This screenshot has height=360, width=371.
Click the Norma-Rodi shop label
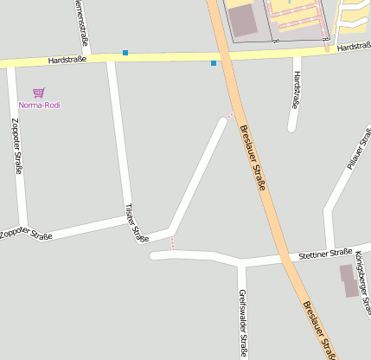pyautogui.click(x=39, y=106)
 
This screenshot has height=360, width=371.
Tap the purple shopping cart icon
pyautogui.click(x=38, y=93)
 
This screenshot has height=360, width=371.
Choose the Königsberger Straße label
pyautogui.click(x=362, y=282)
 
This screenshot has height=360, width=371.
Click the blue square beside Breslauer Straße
pyautogui.click(x=214, y=63)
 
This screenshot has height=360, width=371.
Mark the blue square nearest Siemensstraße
pyautogui.click(x=125, y=53)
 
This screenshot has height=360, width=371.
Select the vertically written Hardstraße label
pyautogui.click(x=297, y=90)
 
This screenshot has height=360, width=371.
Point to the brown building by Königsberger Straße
pyautogui.click(x=350, y=280)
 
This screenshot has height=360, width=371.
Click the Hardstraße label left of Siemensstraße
pyautogui.click(x=68, y=60)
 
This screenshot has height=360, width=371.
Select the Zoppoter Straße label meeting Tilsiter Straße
pyautogui.click(x=26, y=234)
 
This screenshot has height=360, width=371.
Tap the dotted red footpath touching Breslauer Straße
pyautogui.click(x=229, y=115)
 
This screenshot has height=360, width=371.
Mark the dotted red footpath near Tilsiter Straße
pyautogui.click(x=173, y=243)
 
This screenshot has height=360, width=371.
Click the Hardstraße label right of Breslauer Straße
pyautogui.click(x=353, y=47)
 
